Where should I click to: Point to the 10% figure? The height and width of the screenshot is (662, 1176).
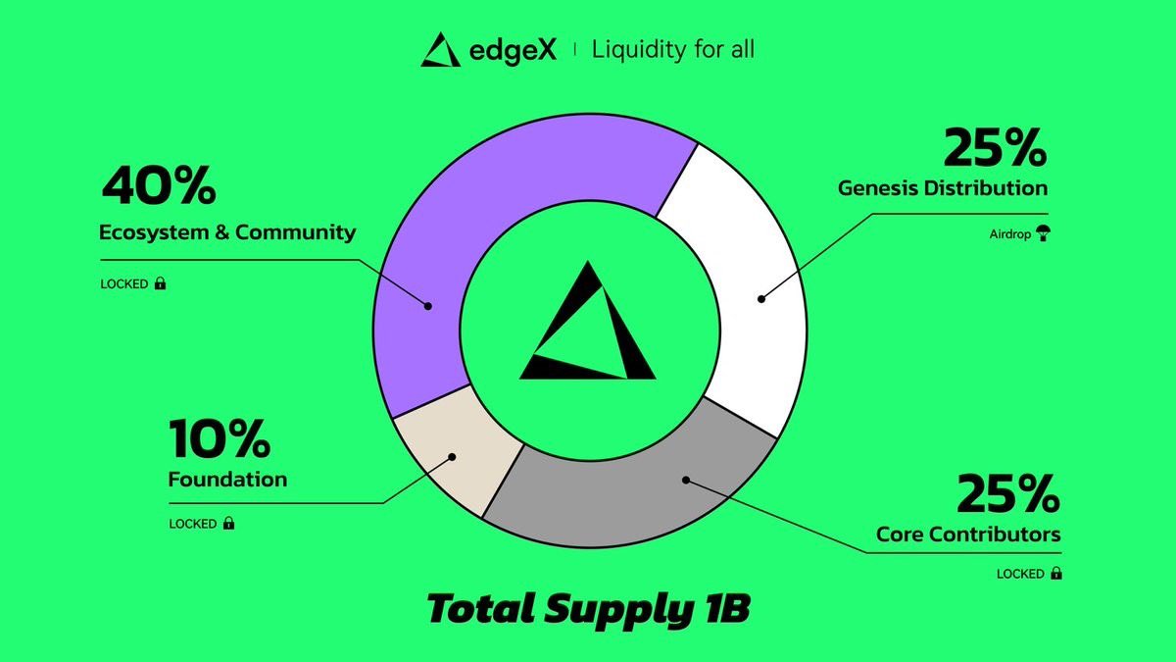click(x=219, y=438)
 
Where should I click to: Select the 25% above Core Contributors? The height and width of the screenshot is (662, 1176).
click(x=1008, y=493)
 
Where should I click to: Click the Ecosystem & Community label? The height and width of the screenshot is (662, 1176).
click(x=227, y=233)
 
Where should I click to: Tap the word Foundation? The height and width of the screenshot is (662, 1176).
click(x=227, y=480)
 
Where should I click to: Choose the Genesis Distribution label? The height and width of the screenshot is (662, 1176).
click(x=943, y=187)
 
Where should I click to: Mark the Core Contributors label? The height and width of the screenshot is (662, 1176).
click(x=968, y=535)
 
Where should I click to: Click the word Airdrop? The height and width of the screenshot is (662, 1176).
click(x=1009, y=235)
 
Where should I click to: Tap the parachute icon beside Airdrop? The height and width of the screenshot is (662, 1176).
click(x=1042, y=234)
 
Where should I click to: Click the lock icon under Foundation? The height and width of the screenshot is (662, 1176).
click(x=229, y=523)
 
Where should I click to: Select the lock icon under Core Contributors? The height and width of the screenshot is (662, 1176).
click(x=1056, y=573)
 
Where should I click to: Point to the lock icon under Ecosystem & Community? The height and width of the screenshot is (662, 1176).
click(x=160, y=283)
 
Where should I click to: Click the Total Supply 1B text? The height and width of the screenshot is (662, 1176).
click(x=588, y=610)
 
